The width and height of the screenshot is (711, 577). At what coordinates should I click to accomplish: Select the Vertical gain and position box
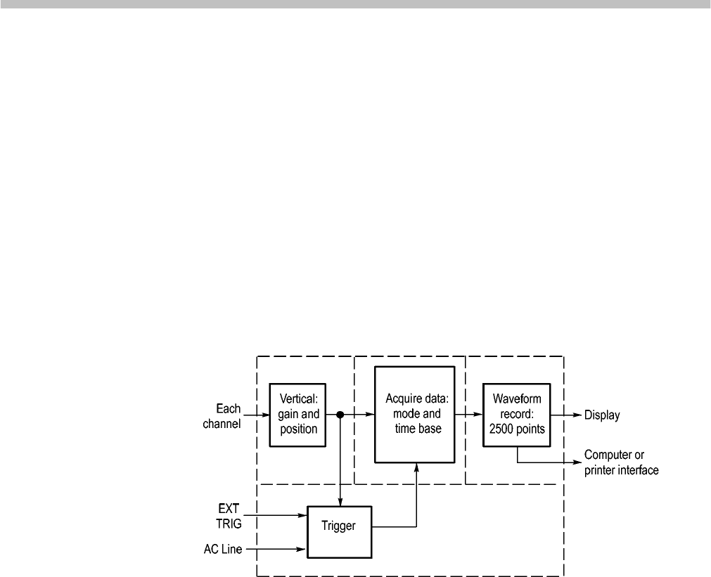click(x=297, y=415)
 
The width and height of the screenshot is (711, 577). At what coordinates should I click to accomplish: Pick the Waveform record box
click(x=517, y=415)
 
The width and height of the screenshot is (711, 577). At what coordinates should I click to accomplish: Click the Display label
click(x=603, y=415)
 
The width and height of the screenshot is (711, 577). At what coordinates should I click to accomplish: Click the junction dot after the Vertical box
click(x=340, y=415)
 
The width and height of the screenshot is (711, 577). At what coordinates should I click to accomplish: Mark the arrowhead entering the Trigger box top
click(x=340, y=501)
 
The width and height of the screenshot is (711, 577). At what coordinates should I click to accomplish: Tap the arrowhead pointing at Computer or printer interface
click(x=577, y=463)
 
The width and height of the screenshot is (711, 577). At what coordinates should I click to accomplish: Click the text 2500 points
click(x=517, y=428)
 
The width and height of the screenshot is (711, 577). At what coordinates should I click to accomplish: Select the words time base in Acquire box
click(x=417, y=428)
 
